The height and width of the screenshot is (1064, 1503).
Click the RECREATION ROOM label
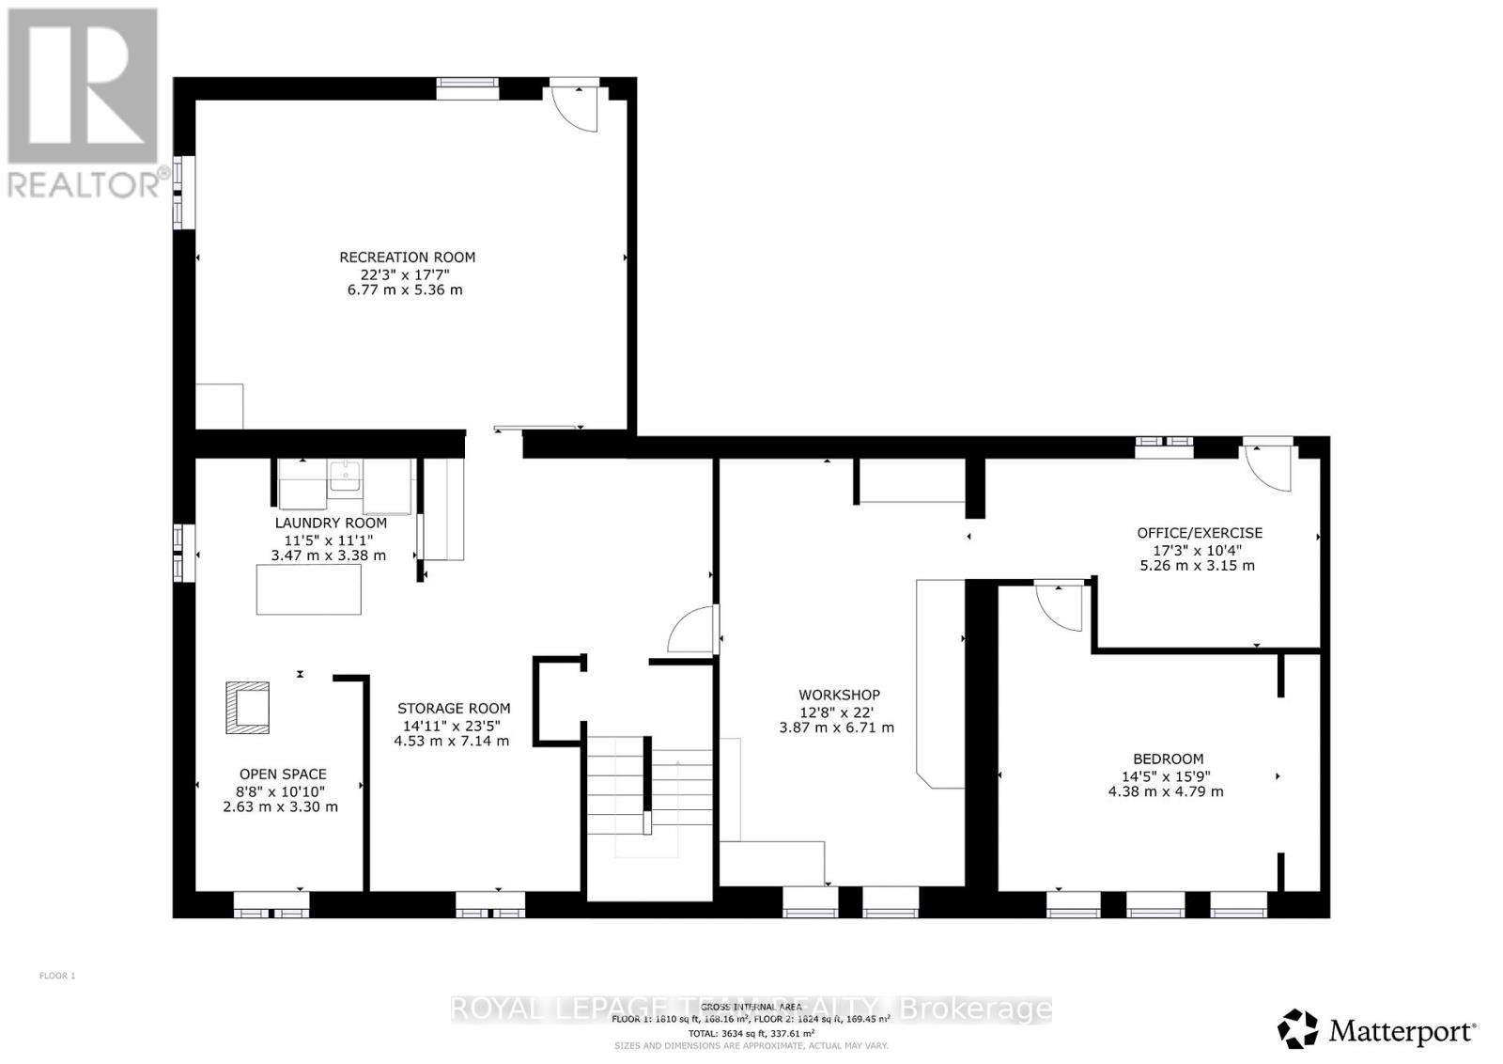[407, 258]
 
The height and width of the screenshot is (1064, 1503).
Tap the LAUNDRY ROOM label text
[331, 524]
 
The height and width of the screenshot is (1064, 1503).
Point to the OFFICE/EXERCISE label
[1200, 533]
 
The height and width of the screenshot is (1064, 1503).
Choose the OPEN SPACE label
[282, 775]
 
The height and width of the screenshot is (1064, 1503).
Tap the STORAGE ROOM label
[454, 709]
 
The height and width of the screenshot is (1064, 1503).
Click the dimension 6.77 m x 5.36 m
[405, 290]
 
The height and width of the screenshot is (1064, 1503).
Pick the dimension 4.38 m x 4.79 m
[1166, 791]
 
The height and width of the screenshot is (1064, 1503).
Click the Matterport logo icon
[1298, 1029]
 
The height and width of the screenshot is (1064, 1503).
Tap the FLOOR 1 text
[57, 976]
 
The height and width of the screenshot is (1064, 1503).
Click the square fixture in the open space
[247, 708]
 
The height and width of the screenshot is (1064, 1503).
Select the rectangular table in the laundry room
[309, 589]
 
